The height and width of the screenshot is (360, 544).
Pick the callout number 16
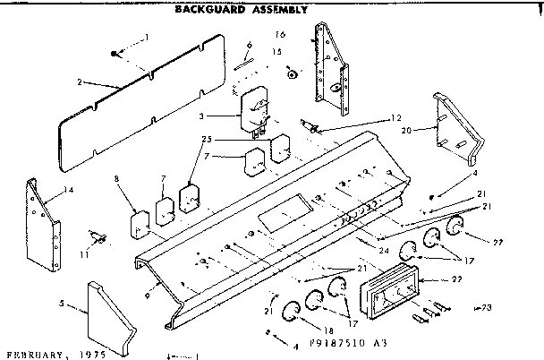pos(280,35)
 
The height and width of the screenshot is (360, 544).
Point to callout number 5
pos(61,304)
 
